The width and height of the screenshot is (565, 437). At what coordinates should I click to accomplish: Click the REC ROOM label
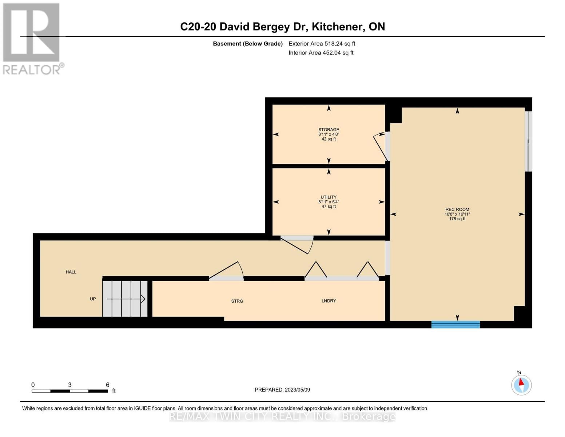point(457,209)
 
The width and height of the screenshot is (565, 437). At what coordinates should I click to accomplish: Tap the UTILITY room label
point(329,197)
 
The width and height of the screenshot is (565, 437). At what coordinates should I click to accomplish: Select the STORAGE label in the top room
point(329,129)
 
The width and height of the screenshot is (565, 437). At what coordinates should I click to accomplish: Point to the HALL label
point(71,272)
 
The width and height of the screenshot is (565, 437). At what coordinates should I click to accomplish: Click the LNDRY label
point(329,300)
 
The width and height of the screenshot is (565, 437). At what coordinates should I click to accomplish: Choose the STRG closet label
point(237,301)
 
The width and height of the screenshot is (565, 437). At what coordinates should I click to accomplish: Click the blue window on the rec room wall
point(455,324)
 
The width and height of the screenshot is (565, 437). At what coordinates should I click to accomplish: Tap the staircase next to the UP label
point(125,299)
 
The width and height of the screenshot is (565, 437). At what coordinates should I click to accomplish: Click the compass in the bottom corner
point(521,385)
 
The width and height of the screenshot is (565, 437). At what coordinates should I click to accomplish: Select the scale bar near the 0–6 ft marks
point(70,391)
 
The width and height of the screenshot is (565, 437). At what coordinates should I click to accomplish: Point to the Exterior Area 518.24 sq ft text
point(322,43)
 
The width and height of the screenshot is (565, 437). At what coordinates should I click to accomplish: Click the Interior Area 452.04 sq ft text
point(321,52)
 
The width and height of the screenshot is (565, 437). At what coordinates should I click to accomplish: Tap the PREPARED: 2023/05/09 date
point(282,390)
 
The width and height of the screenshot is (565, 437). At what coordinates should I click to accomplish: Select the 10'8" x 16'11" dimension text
point(457,214)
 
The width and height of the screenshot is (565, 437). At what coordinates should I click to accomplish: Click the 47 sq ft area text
point(329,206)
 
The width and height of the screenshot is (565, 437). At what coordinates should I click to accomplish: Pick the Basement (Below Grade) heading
point(248,43)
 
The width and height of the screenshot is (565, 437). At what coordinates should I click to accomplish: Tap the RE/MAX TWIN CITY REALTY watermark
point(282,417)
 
